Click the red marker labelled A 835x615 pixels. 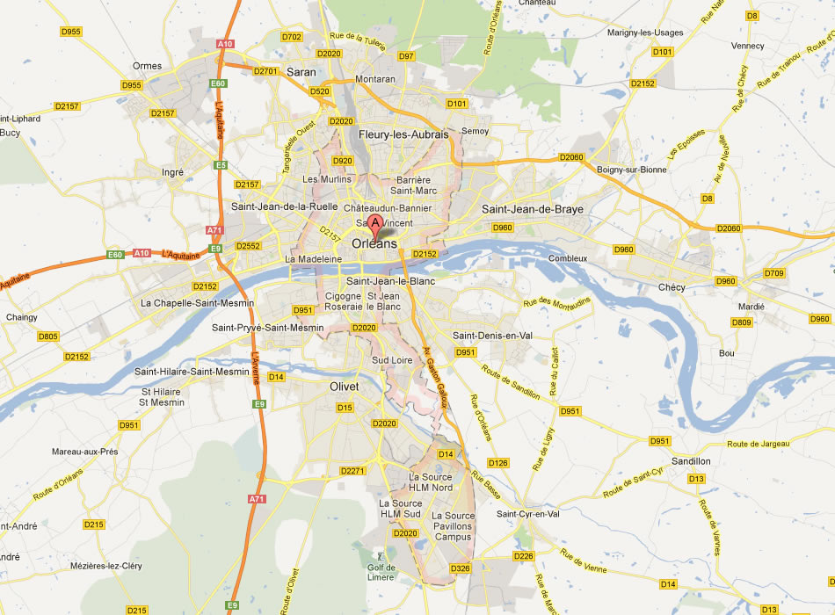[x=376, y=225]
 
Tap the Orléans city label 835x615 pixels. [x=374, y=243]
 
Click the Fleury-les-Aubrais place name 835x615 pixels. [x=403, y=134]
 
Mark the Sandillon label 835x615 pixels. [x=690, y=460]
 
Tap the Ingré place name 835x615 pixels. [x=173, y=172]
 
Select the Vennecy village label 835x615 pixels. [x=747, y=46]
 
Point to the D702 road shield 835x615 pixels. [x=292, y=37]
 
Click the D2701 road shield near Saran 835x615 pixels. [x=265, y=71]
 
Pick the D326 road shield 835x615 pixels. [x=461, y=569]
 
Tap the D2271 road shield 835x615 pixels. [x=352, y=471]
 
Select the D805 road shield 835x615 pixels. [x=47, y=336]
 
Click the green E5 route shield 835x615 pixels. [x=221, y=165]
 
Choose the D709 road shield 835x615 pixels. [x=773, y=273]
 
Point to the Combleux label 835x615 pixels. [x=567, y=258]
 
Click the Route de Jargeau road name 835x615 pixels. [x=756, y=445]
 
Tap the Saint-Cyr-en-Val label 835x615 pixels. [x=528, y=514]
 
